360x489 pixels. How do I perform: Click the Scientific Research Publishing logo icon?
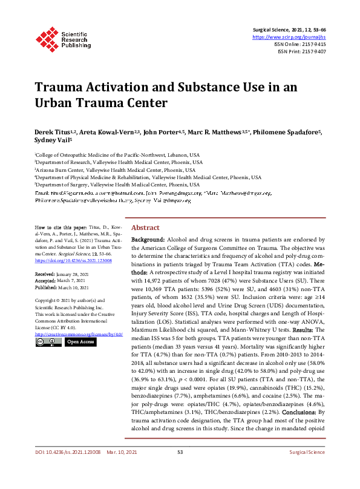(46, 38)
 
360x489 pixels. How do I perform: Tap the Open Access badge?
(80, 342)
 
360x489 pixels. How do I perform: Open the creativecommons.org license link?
(79, 333)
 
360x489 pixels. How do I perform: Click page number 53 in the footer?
(180, 470)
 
